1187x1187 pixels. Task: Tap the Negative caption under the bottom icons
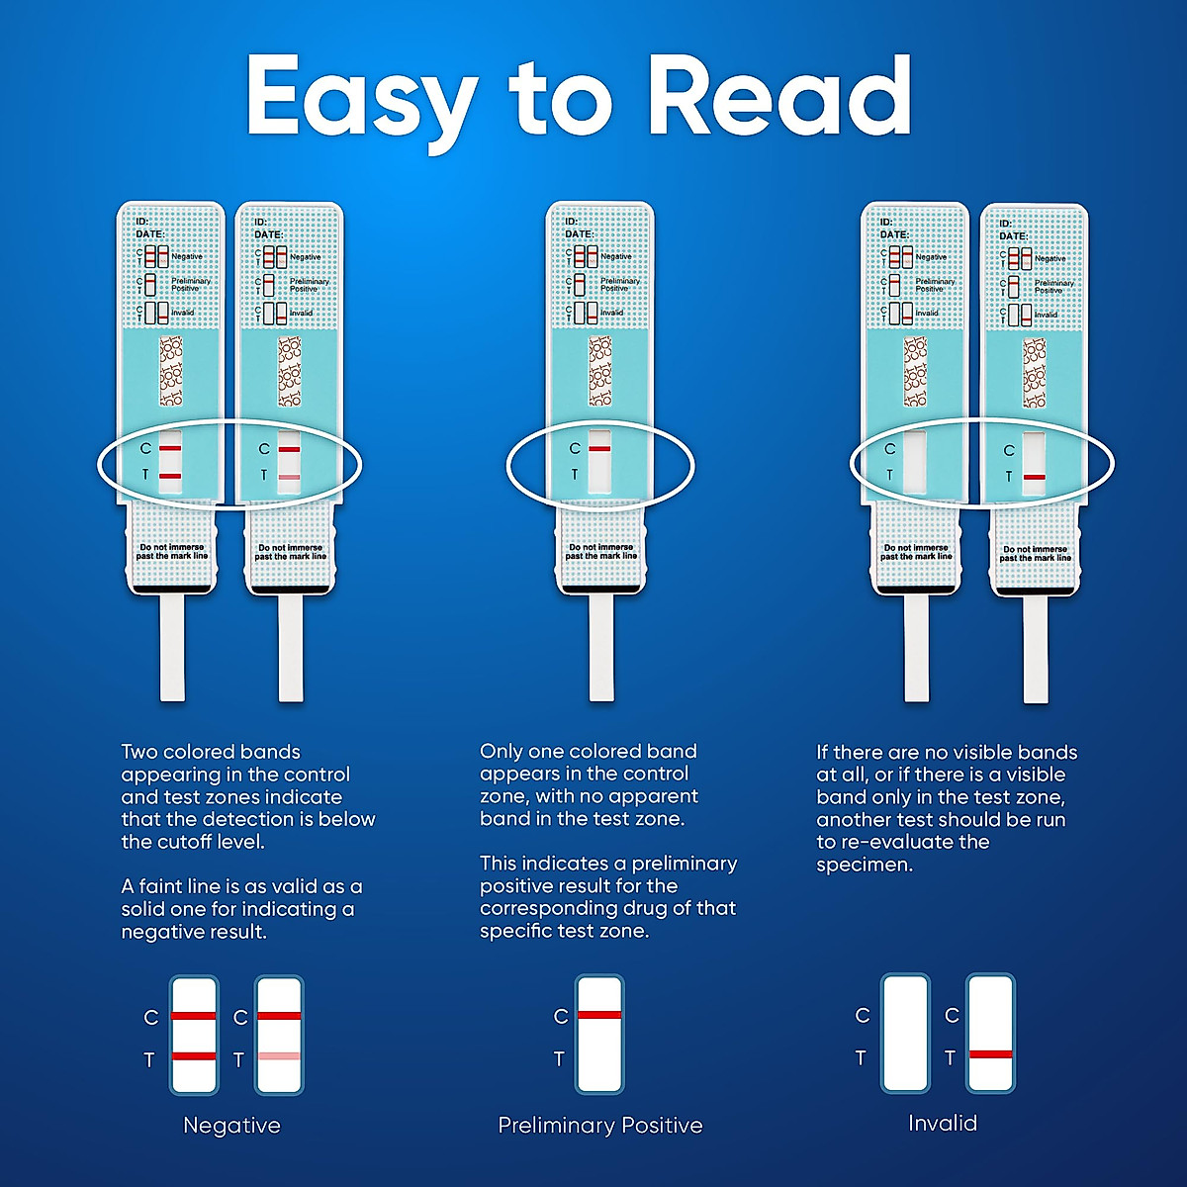click(x=231, y=1126)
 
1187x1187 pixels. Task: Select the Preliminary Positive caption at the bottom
click(x=599, y=1126)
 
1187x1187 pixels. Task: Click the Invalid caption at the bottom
click(x=942, y=1124)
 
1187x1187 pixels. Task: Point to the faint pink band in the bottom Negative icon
click(x=279, y=1056)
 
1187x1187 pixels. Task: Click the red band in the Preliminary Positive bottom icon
click(x=599, y=1015)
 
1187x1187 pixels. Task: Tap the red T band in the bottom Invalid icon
click(x=990, y=1054)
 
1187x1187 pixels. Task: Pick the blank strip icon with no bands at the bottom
click(x=905, y=1034)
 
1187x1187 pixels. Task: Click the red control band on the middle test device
click(x=599, y=449)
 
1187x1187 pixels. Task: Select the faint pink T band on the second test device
click(x=289, y=478)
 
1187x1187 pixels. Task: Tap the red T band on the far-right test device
click(x=1034, y=478)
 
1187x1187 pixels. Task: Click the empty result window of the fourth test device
click(x=915, y=462)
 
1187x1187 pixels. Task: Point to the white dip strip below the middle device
click(x=600, y=648)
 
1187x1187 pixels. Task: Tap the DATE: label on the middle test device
click(x=579, y=234)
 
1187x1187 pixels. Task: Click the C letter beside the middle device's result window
click(x=575, y=449)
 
